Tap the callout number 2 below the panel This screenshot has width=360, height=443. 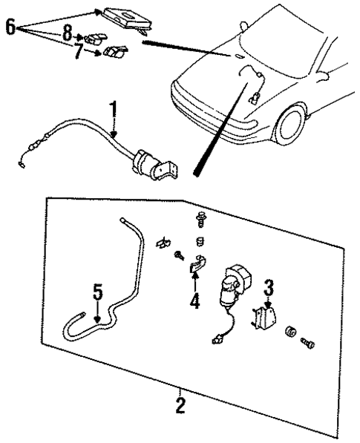click(x=180, y=405)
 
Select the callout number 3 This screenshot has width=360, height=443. click(x=269, y=285)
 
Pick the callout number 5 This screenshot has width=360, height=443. click(x=97, y=292)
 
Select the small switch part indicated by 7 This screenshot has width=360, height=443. click(x=114, y=53)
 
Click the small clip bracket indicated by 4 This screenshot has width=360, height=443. click(x=198, y=265)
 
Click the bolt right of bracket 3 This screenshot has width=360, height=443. click(x=308, y=344)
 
